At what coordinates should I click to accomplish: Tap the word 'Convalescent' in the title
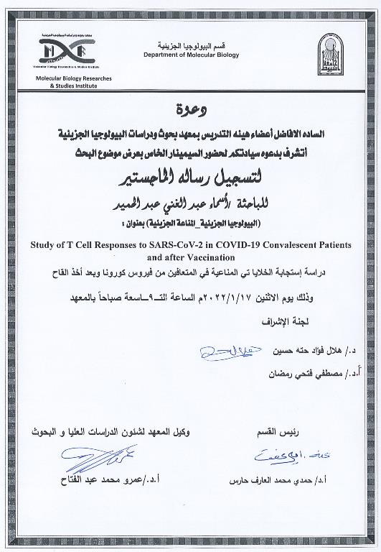[301, 244]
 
